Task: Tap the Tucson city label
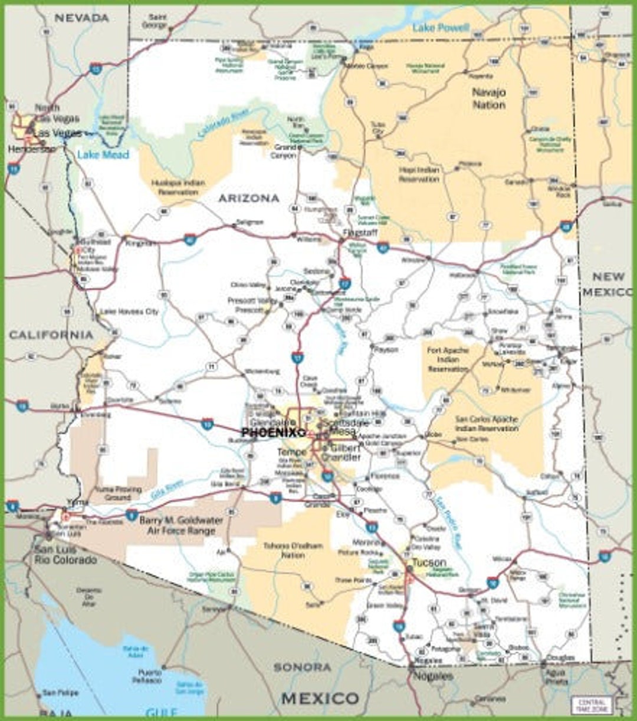[x=429, y=563]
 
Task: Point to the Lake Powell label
[x=441, y=28]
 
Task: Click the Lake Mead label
[x=103, y=155]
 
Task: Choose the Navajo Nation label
[x=488, y=98]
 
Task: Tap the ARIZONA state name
[x=248, y=199]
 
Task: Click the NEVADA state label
[x=81, y=18]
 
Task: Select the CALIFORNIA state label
[x=51, y=335]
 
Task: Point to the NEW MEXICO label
[x=608, y=284]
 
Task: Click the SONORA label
[x=302, y=667]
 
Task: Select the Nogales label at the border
[x=433, y=676]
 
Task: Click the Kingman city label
[x=139, y=242]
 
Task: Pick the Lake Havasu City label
[x=129, y=311]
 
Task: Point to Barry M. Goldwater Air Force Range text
[x=180, y=525]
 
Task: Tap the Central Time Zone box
[x=591, y=704]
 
